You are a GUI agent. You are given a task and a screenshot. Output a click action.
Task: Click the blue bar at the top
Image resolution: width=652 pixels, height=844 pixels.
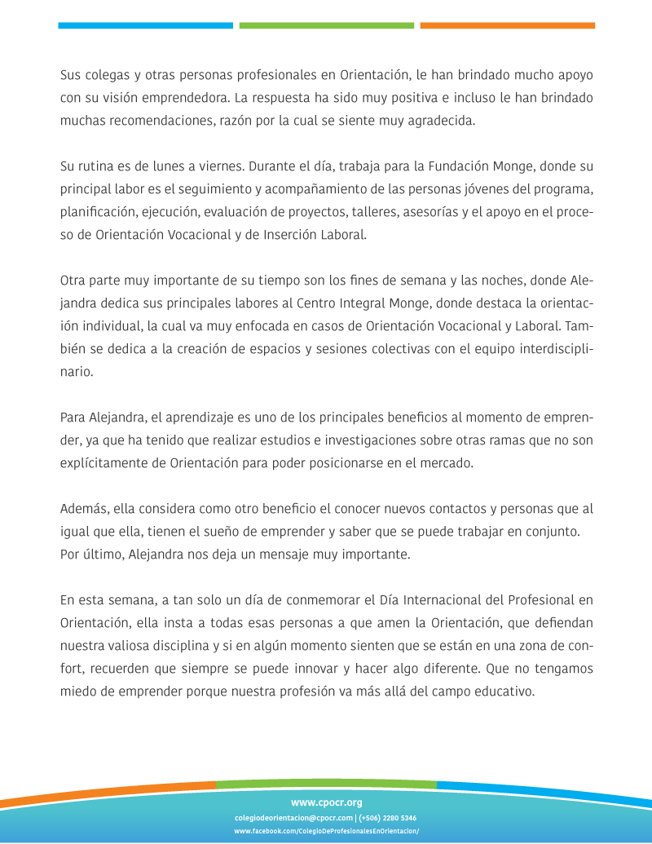[145, 26]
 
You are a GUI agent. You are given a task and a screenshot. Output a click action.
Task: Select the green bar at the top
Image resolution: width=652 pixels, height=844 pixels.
[326, 26]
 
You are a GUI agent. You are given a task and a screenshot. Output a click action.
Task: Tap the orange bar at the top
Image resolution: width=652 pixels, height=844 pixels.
[507, 26]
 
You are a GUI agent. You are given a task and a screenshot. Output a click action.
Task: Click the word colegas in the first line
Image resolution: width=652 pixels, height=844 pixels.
[111, 76]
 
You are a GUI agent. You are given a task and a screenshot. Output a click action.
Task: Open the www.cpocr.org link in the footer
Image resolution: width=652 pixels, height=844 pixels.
[326, 802]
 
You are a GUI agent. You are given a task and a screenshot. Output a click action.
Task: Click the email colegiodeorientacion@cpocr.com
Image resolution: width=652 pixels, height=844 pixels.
[293, 818]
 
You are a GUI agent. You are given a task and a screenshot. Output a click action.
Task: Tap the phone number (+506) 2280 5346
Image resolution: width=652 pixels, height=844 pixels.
[388, 818]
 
